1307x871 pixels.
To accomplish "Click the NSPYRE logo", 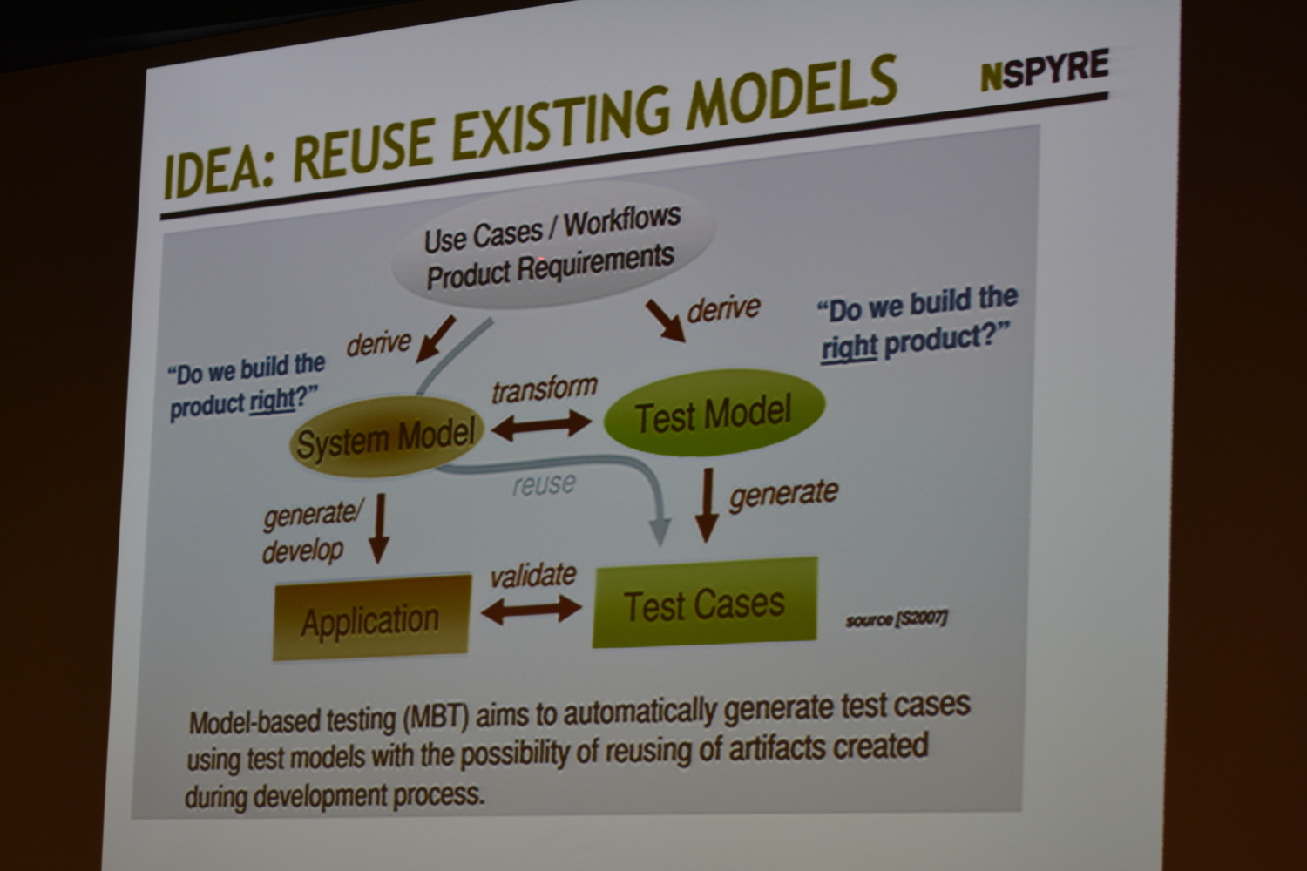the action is coord(1045,70).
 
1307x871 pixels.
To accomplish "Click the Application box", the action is coord(372,618).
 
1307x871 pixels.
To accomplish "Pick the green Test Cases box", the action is coord(705,603).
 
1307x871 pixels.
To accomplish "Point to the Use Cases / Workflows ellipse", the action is coord(552,246).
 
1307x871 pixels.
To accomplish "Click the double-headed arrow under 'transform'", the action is coord(541,425).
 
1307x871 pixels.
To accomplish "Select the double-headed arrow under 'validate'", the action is coord(532,611).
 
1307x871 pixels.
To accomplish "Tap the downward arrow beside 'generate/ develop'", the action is coord(380,528).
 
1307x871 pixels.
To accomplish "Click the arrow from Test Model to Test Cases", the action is coord(708,505).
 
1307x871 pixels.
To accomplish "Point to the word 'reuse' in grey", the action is coord(544,484).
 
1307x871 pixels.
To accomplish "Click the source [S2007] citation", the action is coord(897,619).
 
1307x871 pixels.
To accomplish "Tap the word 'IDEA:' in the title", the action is coord(219,167).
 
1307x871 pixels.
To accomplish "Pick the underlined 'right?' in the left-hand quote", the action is coord(283,400).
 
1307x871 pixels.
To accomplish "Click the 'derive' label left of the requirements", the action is coord(379,343).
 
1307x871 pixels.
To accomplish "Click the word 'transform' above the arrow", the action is coord(545,389).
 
